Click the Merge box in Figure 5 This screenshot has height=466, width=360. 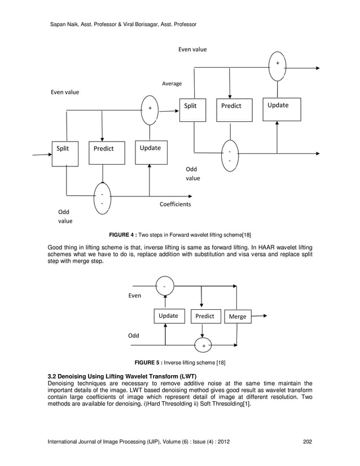pos(238,317)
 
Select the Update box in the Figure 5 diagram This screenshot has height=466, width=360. pos(168,316)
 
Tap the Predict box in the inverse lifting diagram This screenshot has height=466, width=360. pos(204,316)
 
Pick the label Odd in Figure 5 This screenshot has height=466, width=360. pos(133,335)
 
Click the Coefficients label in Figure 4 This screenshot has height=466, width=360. pos(175,204)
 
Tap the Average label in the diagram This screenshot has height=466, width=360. pos(172,83)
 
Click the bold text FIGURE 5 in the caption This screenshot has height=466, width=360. pos(147,362)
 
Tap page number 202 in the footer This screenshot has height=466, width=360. pos(308,441)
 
